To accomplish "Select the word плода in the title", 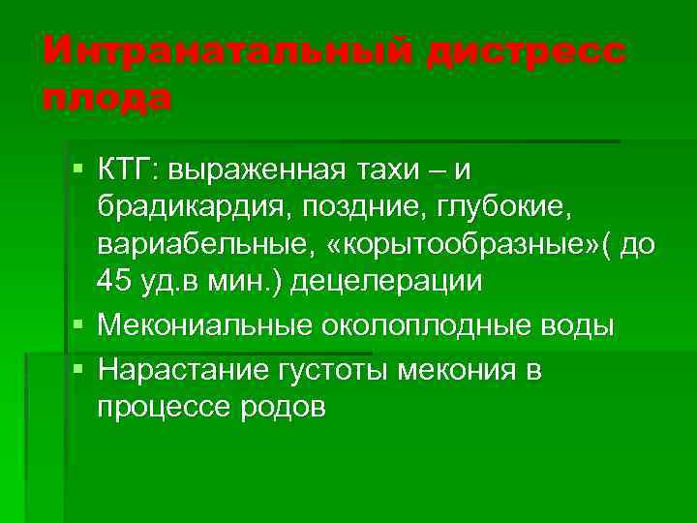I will (107, 97).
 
